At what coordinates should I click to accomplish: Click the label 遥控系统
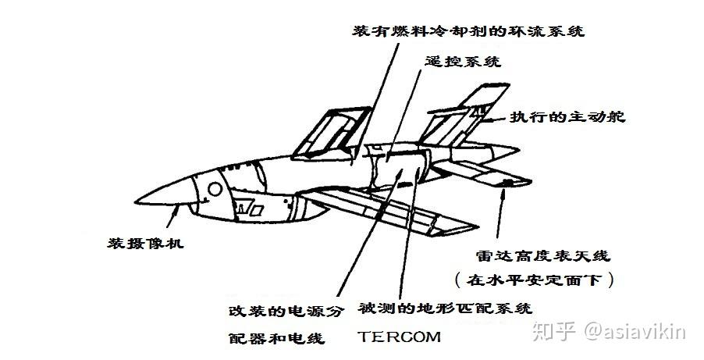click(464, 61)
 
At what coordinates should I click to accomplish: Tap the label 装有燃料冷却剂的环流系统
click(468, 32)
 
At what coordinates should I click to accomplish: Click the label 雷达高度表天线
click(542, 255)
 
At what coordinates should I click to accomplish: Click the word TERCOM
click(400, 337)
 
